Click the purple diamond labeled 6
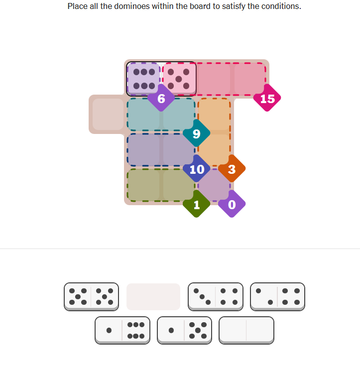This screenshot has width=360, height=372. (161, 98)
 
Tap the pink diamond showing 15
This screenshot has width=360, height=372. (267, 98)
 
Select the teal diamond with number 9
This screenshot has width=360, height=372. (196, 133)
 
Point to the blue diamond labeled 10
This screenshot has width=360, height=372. (196, 168)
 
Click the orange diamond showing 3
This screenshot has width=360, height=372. (232, 168)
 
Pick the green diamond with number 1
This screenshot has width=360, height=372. (196, 204)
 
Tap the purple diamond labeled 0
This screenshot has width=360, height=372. (232, 204)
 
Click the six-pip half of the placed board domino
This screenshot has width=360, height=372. (144, 79)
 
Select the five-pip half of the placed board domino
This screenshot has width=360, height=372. (179, 79)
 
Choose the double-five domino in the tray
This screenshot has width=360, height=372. (91, 297)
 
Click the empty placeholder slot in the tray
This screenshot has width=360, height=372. (153, 297)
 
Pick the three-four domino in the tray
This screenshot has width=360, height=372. (216, 297)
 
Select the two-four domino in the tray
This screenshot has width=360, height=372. (277, 297)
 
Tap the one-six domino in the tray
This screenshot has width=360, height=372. (122, 330)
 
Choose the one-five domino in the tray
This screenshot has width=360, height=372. (185, 330)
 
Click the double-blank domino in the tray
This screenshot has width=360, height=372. (246, 330)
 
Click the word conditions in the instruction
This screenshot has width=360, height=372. (281, 6)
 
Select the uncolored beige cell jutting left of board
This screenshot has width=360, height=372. (108, 114)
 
